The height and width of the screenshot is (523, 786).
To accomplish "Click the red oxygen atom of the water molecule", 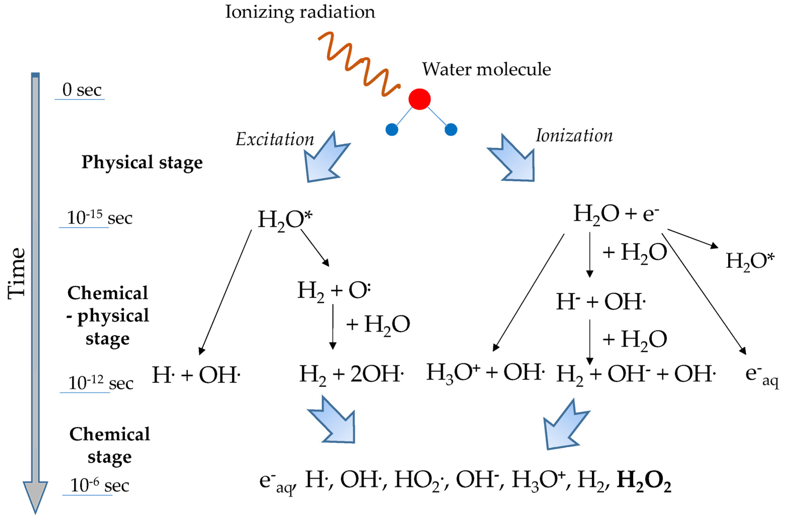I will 419,99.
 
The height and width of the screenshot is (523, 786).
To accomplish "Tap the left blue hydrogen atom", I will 392,129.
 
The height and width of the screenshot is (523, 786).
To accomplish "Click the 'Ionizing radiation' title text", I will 300,12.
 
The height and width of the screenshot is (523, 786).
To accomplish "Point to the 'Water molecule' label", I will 486,70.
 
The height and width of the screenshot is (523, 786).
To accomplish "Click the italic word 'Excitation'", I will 275,139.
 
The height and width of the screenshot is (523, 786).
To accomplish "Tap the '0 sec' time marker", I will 82,90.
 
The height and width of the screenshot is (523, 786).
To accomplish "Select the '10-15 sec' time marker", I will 99,218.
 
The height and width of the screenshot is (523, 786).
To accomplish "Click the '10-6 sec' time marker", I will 99,485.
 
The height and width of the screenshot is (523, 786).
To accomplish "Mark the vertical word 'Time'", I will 17,274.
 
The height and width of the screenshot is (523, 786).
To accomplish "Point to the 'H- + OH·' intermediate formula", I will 601,302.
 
